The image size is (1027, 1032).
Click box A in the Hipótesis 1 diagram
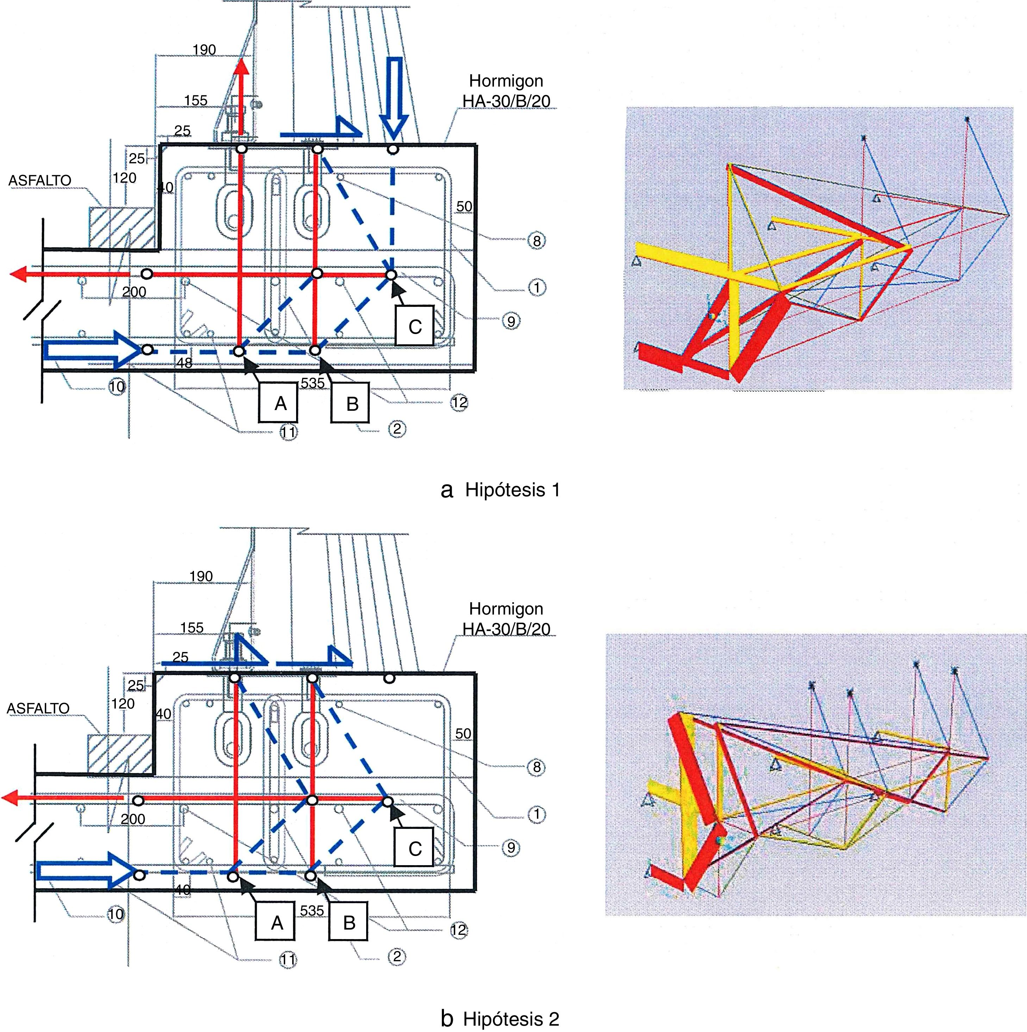[x=281, y=403]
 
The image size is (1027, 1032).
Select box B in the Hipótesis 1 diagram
[x=352, y=403]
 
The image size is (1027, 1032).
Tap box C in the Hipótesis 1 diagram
[x=415, y=326]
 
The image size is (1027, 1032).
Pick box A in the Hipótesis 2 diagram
[x=277, y=923]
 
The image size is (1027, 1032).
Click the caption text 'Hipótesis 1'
[x=512, y=490]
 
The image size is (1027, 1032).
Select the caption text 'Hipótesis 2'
[x=511, y=1019]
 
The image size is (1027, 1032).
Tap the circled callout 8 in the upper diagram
[x=537, y=241]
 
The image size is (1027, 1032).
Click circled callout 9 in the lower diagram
[x=511, y=848]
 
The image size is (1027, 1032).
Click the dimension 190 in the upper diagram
[x=204, y=50]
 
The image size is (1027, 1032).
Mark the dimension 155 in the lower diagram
[x=192, y=628]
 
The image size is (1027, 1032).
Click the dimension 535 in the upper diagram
[x=313, y=383]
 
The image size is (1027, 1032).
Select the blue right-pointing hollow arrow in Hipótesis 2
[x=86, y=872]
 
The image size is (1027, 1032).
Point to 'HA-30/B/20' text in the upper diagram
[x=506, y=100]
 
